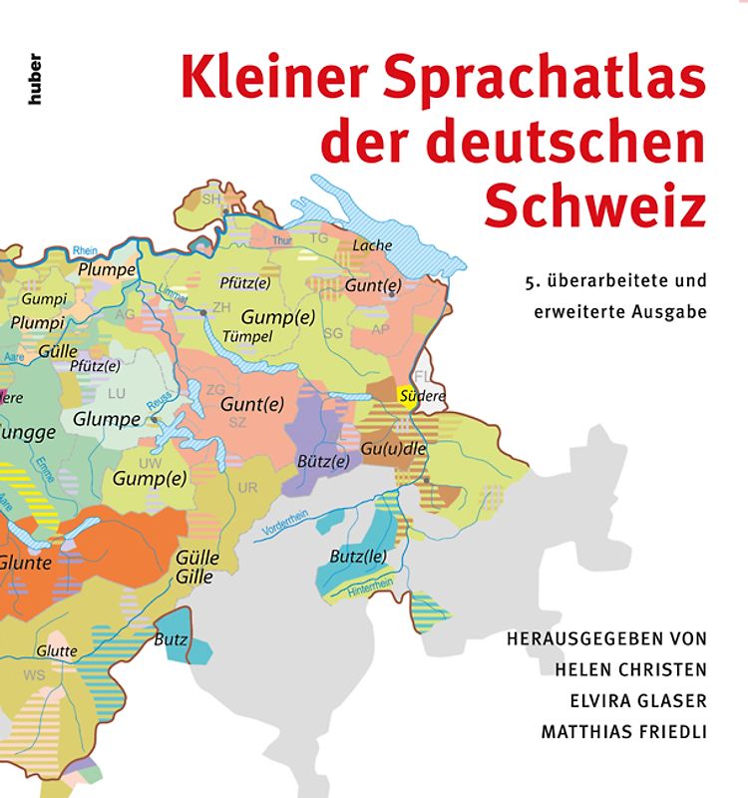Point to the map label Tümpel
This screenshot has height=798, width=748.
[248, 336]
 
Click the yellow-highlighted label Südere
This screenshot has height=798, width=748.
[421, 396]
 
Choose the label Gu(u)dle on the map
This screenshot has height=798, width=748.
[394, 449]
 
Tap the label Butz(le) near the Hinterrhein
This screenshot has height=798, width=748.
[358, 556]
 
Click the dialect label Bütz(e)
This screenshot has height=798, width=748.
[323, 461]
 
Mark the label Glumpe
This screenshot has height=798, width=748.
[106, 419]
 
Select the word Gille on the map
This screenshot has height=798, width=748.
[194, 578]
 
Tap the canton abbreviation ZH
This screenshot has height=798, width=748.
[221, 306]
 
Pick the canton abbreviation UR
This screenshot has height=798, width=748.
[248, 487]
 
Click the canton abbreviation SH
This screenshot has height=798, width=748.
[211, 199]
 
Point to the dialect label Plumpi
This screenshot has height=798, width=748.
[39, 323]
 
